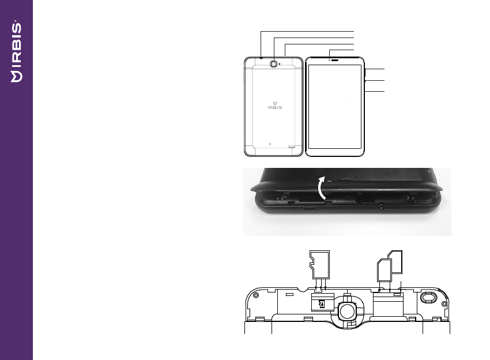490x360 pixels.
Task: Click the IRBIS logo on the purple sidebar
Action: coord(16,51)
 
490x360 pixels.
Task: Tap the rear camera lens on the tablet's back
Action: coord(274,64)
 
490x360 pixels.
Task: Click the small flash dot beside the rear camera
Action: coord(280,64)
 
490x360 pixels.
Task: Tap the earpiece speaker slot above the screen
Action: coord(335,60)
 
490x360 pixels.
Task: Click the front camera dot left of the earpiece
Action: coord(329,60)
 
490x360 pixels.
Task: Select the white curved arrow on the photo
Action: coord(322,187)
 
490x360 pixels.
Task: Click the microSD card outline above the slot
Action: coord(319,265)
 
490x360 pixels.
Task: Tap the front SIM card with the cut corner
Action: coord(383,271)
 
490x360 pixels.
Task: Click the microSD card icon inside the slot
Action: coord(322,303)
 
